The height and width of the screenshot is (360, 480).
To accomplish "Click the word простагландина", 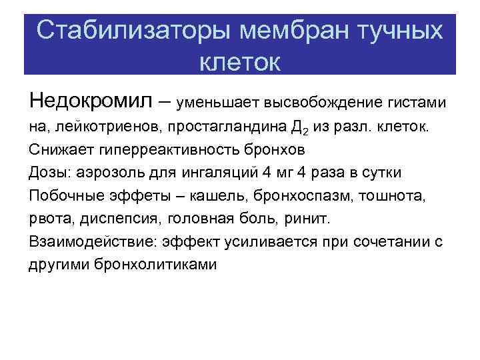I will click(x=237, y=126).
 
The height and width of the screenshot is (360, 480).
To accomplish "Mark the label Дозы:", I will click(x=49, y=172).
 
